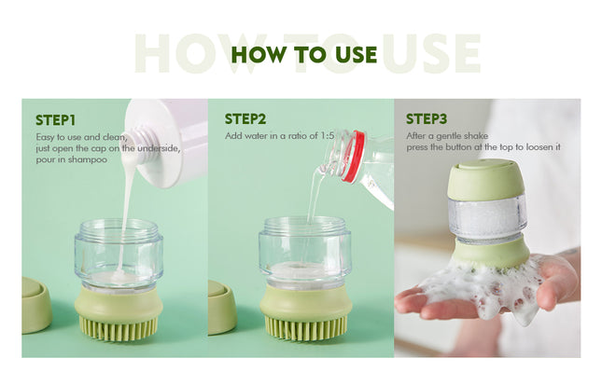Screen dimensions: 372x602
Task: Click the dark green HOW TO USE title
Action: [x=303, y=53]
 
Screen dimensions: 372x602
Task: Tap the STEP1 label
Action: [x=55, y=119]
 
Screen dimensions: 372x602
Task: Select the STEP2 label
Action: [x=245, y=119]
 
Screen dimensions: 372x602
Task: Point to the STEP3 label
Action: [x=427, y=119]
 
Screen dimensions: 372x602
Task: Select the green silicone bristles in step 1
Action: [x=118, y=327]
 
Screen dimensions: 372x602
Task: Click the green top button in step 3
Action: [x=486, y=178]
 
